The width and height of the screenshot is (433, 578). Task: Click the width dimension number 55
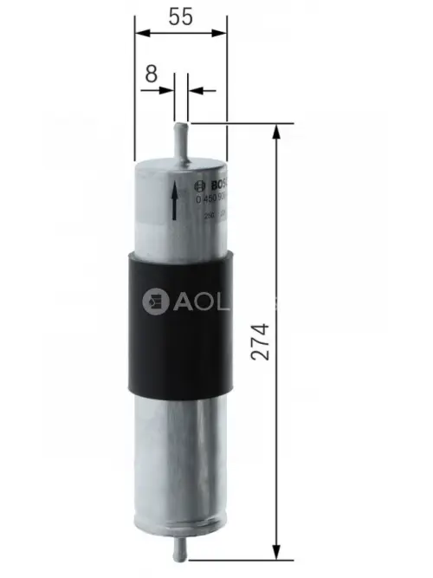(179, 15)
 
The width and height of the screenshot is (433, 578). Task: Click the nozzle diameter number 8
(152, 74)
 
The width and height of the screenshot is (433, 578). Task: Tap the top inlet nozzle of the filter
(181, 138)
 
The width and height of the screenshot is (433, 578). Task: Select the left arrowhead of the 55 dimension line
(141, 33)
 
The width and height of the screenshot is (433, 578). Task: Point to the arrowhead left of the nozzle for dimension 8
(168, 88)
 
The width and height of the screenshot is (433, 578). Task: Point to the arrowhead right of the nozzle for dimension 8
(195, 88)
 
